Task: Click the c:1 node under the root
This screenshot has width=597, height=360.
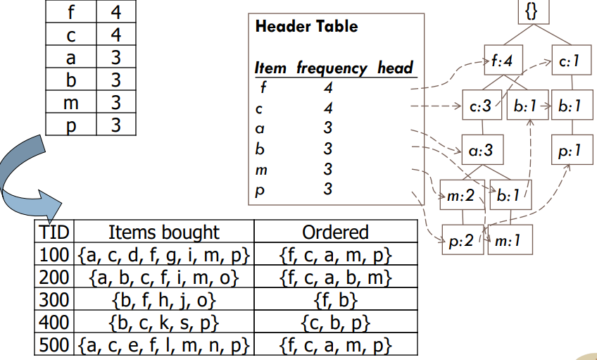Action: [x=569, y=62]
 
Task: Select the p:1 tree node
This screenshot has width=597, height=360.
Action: [x=570, y=151]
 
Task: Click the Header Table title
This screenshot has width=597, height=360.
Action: [x=306, y=27]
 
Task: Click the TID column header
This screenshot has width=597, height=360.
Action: [x=54, y=232]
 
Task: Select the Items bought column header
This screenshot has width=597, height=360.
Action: [x=163, y=232]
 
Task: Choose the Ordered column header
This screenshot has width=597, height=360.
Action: [x=335, y=232]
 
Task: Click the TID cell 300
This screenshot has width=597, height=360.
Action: [x=54, y=299]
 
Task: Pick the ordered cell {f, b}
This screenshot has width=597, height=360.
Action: [x=335, y=299]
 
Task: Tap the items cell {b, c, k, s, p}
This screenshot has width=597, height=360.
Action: [x=163, y=323]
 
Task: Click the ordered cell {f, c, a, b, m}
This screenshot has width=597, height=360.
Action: [x=335, y=277]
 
